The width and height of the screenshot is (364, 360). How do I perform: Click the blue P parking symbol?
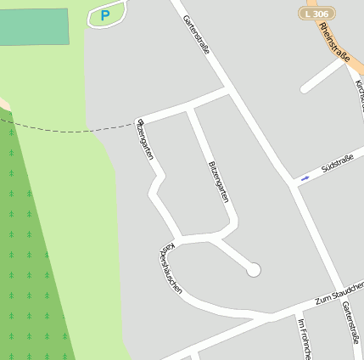pos(105,14)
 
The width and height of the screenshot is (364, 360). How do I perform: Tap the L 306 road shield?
pos(316,14)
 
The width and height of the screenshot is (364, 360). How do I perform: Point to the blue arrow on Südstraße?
pos(305,178)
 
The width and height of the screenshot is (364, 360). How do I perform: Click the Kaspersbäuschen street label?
pos(171,270)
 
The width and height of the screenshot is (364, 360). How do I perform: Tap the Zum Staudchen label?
pos(338,295)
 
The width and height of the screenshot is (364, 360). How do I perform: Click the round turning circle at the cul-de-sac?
pos(252,270)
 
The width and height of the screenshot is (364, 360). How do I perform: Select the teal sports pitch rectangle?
pos(34,26)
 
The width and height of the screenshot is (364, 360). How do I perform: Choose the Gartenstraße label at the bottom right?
pos(351,329)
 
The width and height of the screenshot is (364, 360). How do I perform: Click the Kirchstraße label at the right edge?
pos(359,93)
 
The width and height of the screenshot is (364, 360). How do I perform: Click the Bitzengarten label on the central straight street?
pos(218,182)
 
